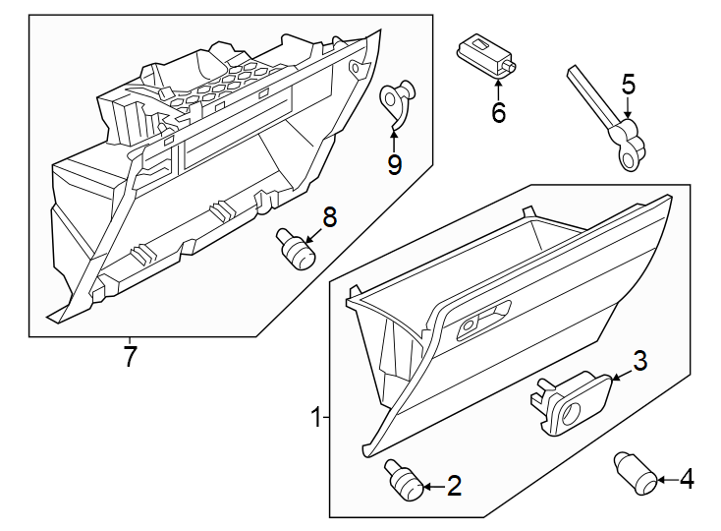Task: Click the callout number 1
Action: tap(316, 418)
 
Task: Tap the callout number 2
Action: tap(453, 485)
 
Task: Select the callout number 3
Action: tap(639, 361)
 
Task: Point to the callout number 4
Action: tap(686, 480)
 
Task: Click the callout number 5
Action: tap(628, 85)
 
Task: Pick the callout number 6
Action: tap(498, 113)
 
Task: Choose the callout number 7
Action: tap(130, 356)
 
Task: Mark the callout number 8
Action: tap(329, 218)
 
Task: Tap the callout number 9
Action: tap(394, 164)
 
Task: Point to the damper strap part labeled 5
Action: tap(607, 121)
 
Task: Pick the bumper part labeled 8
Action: tap(295, 249)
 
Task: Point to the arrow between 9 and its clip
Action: tap(394, 139)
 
